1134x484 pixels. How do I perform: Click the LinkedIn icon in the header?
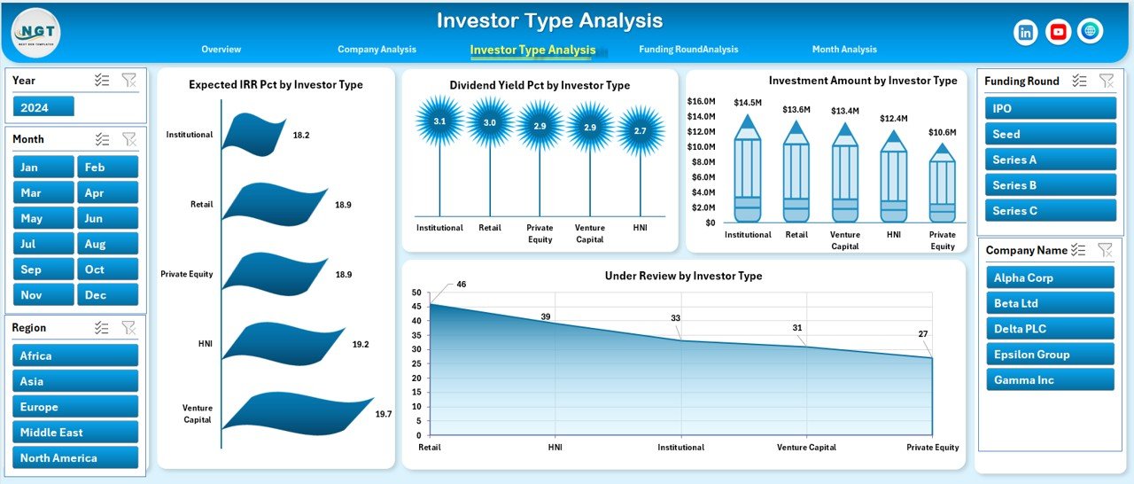point(1026,32)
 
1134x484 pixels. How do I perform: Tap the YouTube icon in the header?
point(1058,32)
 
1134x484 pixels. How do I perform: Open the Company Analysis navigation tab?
point(377,50)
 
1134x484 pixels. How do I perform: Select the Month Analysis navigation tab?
point(843,50)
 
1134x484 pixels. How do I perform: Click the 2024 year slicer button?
point(43,107)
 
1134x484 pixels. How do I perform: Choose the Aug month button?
point(108,244)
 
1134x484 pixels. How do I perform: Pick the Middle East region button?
point(75,433)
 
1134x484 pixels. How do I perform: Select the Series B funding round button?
point(1050,185)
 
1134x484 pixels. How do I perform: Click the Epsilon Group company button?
point(1050,355)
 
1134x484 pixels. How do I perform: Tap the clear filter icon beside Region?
point(129,328)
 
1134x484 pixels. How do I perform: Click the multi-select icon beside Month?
point(103,139)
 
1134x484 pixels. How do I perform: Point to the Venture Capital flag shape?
point(297,414)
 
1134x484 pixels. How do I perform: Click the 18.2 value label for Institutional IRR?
point(301,135)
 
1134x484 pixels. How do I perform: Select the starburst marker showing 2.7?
point(640,130)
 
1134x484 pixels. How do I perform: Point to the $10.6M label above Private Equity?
point(942,133)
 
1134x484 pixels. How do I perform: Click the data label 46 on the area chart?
point(461,285)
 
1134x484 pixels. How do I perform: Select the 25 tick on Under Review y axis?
point(417,364)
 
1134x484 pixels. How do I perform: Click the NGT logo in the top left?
point(36,32)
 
